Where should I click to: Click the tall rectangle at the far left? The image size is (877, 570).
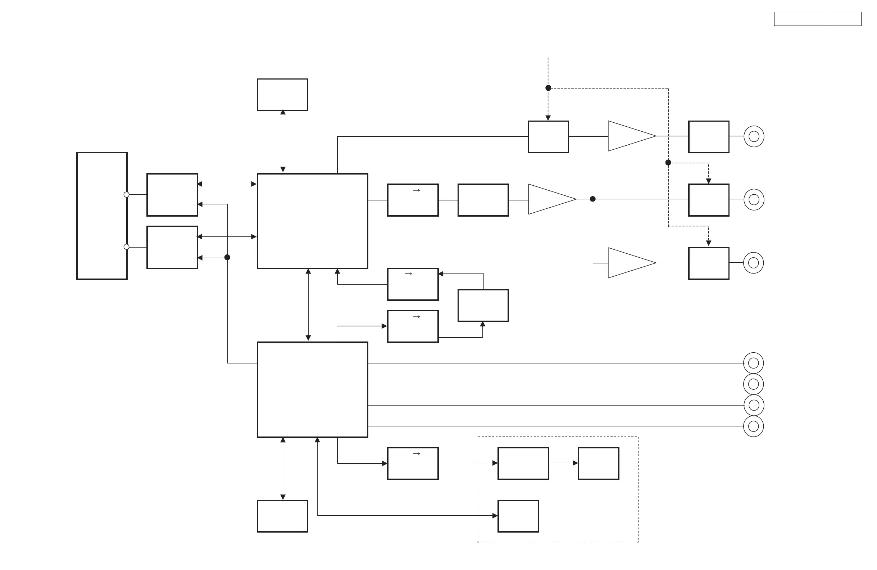pyautogui.click(x=102, y=216)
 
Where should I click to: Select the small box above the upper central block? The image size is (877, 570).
pyautogui.click(x=282, y=95)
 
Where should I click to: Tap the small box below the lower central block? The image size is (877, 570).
pyautogui.click(x=282, y=516)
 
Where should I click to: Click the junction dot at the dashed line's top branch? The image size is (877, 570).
pyautogui.click(x=548, y=88)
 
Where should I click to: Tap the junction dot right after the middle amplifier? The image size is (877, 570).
pyautogui.click(x=592, y=199)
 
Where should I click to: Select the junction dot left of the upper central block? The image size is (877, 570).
pyautogui.click(x=227, y=257)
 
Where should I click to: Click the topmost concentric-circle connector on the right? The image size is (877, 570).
pyautogui.click(x=754, y=136)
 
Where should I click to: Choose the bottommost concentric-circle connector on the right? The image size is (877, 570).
pyautogui.click(x=754, y=426)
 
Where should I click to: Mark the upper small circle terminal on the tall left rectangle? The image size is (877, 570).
pyautogui.click(x=126, y=195)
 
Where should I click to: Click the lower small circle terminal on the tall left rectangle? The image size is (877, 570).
pyautogui.click(x=126, y=247)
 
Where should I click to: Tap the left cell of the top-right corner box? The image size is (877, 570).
pyautogui.click(x=802, y=19)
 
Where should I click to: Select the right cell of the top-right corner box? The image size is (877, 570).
pyautogui.click(x=846, y=19)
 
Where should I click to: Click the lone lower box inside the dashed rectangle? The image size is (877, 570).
pyautogui.click(x=518, y=516)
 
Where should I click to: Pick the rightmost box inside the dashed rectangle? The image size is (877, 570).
pyautogui.click(x=599, y=463)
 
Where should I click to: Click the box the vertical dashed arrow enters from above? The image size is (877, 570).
pyautogui.click(x=548, y=137)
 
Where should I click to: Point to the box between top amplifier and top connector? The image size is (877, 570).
pyautogui.click(x=709, y=137)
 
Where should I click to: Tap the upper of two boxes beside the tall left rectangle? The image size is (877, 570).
pyautogui.click(x=172, y=195)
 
